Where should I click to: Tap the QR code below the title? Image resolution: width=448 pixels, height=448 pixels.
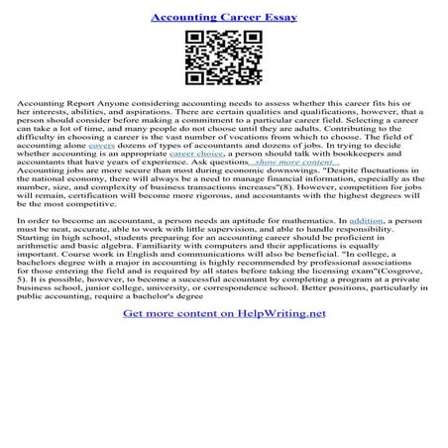point(223,60)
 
